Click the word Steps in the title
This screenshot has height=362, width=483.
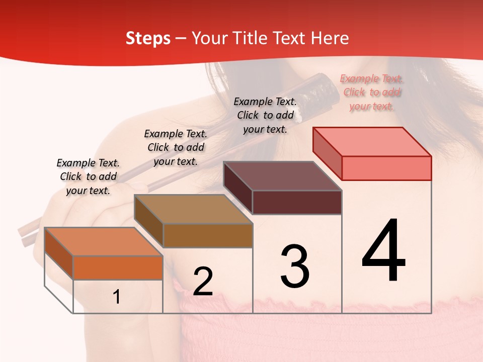pos(148,38)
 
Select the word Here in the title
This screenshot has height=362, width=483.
pos(331,38)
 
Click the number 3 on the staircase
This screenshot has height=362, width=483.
pos(295,266)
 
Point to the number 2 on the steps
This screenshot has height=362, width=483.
pos(203,282)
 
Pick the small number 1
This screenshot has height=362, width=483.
pos(116,297)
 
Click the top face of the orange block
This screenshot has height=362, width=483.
pos(103,241)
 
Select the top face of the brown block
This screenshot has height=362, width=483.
pos(193,209)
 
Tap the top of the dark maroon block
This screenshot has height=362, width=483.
pos(282,176)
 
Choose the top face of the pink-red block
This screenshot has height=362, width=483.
pos(372,142)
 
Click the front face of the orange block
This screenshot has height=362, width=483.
pos(118,267)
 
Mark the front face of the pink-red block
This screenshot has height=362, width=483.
pos(386,168)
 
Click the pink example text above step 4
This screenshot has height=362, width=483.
pos(371,92)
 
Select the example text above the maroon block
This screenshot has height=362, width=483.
pos(265,115)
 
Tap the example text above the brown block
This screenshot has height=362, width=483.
pos(176,147)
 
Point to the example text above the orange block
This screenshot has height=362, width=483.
pos(88,176)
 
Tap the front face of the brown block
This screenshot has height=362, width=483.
pos(208,235)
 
